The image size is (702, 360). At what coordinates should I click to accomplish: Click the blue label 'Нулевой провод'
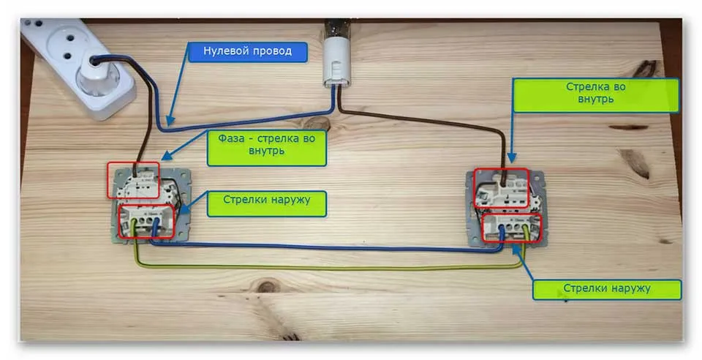247,52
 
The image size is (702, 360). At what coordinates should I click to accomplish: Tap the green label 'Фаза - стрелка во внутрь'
266,145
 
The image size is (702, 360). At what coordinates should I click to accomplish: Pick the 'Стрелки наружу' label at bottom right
607,289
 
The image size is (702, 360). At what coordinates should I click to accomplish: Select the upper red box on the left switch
133,180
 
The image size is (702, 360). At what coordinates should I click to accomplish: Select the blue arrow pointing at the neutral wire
179,86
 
